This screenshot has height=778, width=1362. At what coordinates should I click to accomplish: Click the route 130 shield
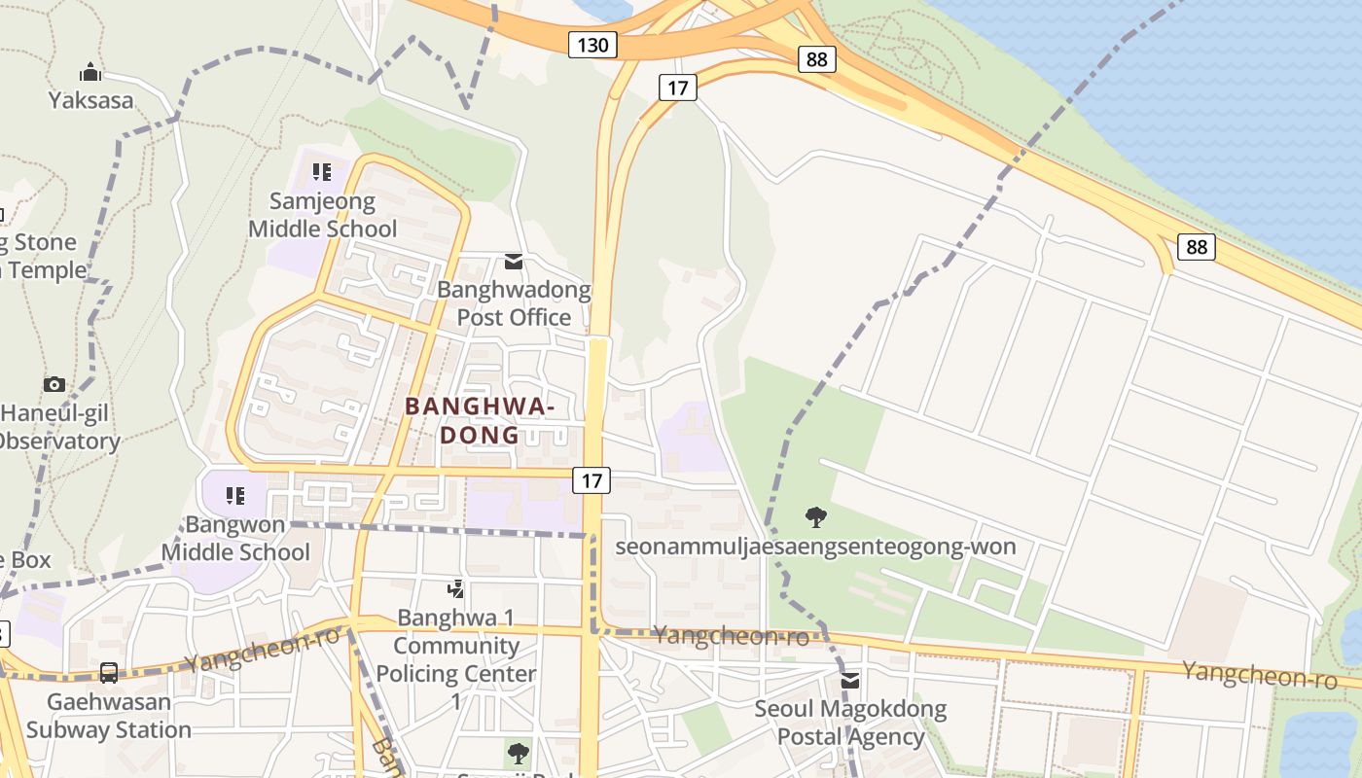tap(592, 44)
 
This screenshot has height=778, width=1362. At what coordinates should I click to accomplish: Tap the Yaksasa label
tap(91, 99)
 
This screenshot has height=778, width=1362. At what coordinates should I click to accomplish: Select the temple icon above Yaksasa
tap(90, 72)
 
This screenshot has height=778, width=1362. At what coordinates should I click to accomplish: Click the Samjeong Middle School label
tap(322, 215)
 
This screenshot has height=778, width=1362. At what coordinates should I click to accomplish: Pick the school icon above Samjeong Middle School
tap(322, 173)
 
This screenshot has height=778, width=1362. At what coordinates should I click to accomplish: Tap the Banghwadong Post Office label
tap(514, 303)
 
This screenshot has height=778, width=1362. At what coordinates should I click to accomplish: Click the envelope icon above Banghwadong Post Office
tap(514, 262)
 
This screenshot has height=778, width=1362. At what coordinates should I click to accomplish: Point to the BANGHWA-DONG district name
tap(480, 421)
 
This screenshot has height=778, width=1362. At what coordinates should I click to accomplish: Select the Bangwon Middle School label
tap(235, 539)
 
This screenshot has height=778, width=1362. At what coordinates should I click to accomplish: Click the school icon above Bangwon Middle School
tap(235, 496)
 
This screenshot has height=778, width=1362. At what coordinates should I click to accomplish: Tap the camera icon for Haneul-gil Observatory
tap(54, 385)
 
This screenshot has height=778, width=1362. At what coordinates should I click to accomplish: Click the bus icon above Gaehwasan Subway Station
tap(109, 672)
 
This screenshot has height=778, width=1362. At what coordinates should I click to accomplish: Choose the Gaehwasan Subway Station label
tap(109, 716)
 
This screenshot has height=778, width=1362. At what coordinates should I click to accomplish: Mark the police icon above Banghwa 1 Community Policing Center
tap(455, 588)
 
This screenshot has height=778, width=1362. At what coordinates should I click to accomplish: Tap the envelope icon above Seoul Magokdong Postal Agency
tap(850, 681)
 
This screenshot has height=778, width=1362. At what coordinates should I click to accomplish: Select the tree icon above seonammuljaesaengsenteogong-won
tap(816, 516)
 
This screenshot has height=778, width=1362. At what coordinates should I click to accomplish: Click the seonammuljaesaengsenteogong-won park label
tap(815, 547)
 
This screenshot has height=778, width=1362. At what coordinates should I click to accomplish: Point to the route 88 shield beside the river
tap(1196, 247)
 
